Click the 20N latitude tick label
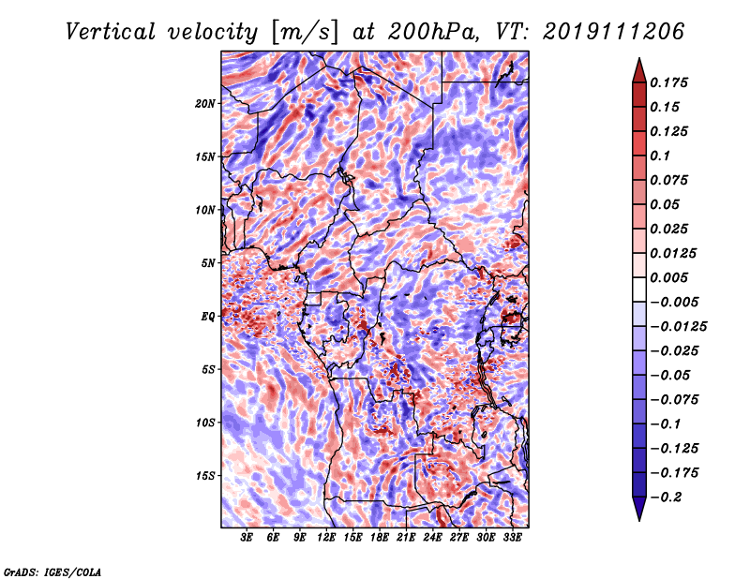204,104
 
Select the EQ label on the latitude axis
207,317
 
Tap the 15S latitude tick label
205,476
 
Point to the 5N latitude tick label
208,263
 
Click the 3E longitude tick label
247,538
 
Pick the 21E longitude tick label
406,538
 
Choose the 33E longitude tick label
512,538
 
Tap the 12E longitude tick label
326,538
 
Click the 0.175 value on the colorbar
668,82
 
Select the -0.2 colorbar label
665,497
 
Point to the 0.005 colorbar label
668,277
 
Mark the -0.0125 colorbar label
678,327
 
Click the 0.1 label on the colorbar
660,156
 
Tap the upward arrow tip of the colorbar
639,59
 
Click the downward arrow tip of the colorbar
639,520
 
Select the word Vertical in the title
111,32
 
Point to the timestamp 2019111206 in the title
614,32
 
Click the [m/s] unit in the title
305,33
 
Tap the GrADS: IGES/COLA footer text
52,572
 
